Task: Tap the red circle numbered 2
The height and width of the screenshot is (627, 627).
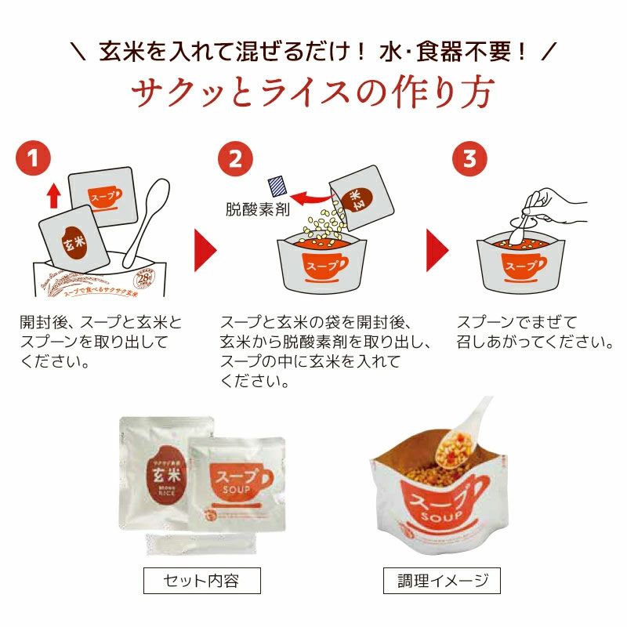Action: tap(235, 158)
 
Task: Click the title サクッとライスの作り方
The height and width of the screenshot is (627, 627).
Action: tap(313, 93)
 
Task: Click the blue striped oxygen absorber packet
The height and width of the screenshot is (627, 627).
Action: tap(278, 186)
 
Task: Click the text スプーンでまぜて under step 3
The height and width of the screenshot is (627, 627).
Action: tap(516, 324)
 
